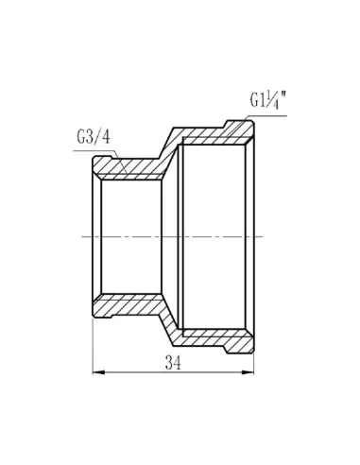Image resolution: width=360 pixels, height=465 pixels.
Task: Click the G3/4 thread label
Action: pyautogui.click(x=94, y=137)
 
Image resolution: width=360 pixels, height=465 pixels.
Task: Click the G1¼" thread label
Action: pyautogui.click(x=268, y=100)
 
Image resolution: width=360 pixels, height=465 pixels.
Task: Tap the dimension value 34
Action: pyautogui.click(x=173, y=363)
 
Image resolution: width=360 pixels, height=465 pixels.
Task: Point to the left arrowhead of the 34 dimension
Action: pyautogui.click(x=98, y=372)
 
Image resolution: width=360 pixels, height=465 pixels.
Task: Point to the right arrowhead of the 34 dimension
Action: pyautogui.click(x=248, y=372)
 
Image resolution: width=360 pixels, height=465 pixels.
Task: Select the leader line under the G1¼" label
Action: pyautogui.click(x=256, y=126)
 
